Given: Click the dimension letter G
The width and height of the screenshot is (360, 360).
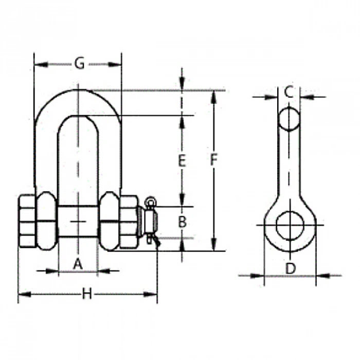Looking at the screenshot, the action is [x=79, y=63].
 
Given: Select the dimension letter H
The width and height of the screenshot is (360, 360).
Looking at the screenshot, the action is [x=87, y=294].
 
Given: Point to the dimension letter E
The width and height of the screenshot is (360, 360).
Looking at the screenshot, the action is [x=182, y=160].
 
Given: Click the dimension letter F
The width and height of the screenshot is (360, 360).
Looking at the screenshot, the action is [x=213, y=160].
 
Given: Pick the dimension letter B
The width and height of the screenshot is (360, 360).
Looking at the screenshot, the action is [x=182, y=222].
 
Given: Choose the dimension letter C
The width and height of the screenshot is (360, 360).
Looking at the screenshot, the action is [x=289, y=92].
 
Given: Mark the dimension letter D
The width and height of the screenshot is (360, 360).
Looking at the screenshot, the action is [x=291, y=268].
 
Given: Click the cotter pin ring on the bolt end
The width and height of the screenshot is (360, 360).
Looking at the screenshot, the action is [x=150, y=201].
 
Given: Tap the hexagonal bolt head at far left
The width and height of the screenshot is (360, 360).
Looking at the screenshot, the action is [x=27, y=221].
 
